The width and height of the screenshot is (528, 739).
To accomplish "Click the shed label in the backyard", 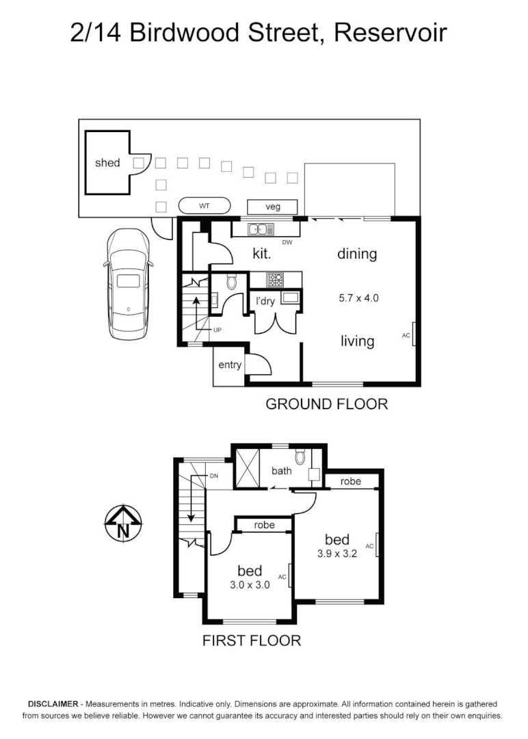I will click(107, 163).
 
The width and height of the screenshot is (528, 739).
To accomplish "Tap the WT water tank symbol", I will click(204, 205).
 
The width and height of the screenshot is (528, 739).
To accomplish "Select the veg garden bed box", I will click(272, 207).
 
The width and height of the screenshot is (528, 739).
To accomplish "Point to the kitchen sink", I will click(261, 229).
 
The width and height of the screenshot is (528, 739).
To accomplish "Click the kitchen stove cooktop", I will click(275, 279).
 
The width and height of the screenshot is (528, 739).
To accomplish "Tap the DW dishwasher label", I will click(287, 242).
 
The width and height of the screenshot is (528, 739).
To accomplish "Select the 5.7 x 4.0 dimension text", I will click(358, 298).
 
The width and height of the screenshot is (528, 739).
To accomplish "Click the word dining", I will click(357, 254).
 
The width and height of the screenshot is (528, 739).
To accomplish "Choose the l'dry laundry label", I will click(265, 301).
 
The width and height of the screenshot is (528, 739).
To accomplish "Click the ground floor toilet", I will click(230, 281).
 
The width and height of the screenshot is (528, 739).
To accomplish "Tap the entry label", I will click(230, 365).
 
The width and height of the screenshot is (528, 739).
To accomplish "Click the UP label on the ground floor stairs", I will click(217, 330).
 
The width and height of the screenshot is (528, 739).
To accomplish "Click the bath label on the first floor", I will click(282, 471).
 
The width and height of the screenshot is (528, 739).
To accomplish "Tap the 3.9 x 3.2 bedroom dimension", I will click(337, 554).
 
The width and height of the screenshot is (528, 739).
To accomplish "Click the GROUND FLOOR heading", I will click(326, 404).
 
